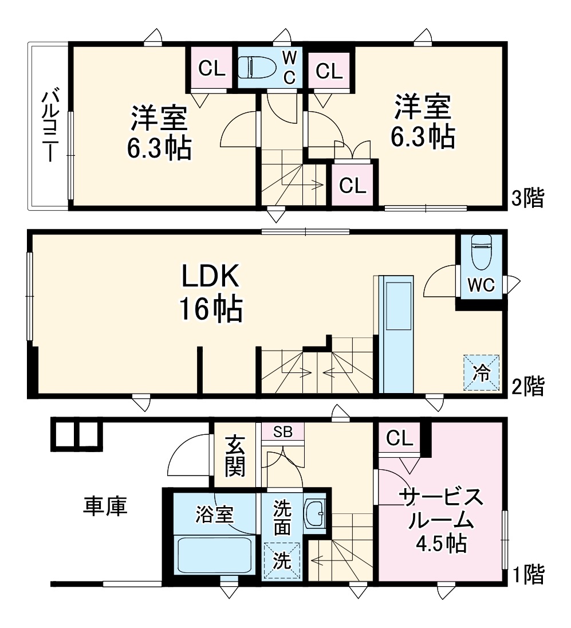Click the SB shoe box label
282,432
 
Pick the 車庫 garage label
105,506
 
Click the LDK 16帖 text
211,293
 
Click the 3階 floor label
527,198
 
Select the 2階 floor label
527,386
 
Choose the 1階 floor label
527,574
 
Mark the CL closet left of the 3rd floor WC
211,69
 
